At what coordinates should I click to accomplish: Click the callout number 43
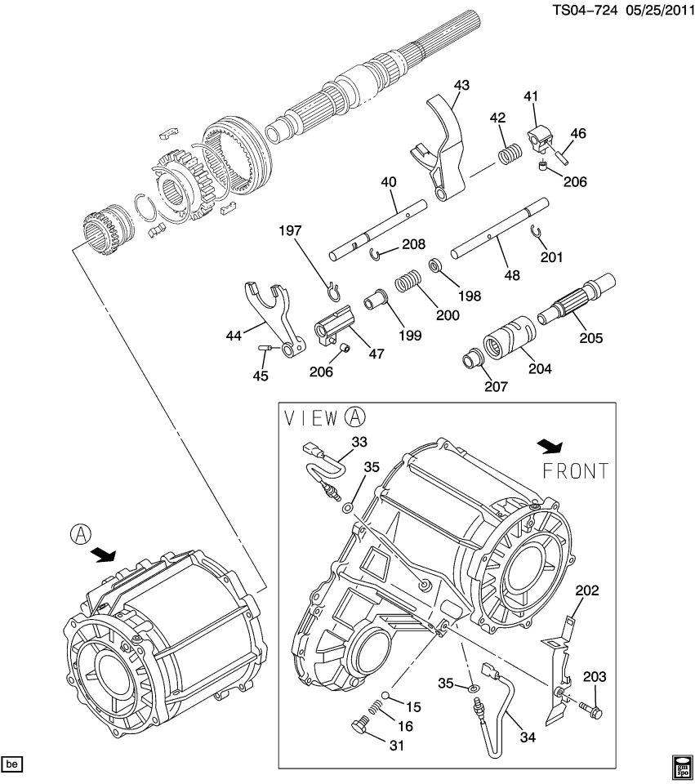(461, 85)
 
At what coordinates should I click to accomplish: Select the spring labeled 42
(510, 154)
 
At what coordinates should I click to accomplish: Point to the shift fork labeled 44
(270, 315)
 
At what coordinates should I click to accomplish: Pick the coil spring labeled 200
(406, 283)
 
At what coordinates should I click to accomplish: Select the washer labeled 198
(436, 266)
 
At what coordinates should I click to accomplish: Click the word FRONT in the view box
(576, 471)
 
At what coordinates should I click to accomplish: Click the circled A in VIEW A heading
(354, 417)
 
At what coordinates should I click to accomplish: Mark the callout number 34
(528, 737)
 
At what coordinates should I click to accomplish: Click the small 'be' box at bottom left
(11, 764)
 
